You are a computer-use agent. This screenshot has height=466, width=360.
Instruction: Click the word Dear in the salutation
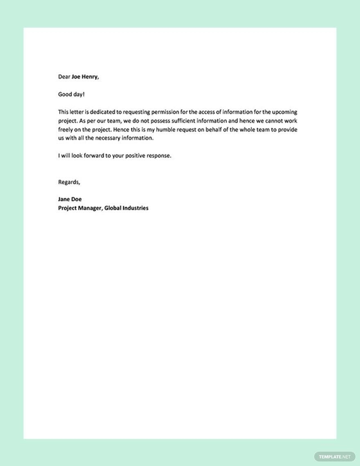(x=64, y=77)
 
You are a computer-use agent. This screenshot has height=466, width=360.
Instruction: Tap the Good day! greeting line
(x=72, y=95)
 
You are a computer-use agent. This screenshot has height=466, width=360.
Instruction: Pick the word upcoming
(x=284, y=112)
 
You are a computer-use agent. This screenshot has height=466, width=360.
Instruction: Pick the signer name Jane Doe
(x=70, y=199)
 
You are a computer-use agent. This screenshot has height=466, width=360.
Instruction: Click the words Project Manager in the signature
(x=80, y=208)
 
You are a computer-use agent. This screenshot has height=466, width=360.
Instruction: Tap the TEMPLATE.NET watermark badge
(x=335, y=457)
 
